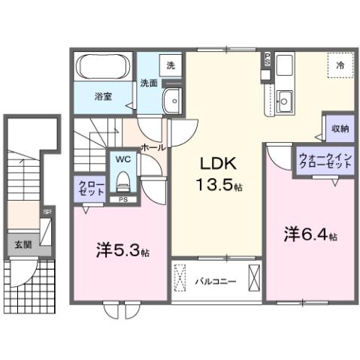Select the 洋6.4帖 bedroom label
308,234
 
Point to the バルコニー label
216,282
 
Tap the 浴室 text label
103,96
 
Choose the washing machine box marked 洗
171,65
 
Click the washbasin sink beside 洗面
171,98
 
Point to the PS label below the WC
122,199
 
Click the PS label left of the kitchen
266,59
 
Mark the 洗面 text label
149,83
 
